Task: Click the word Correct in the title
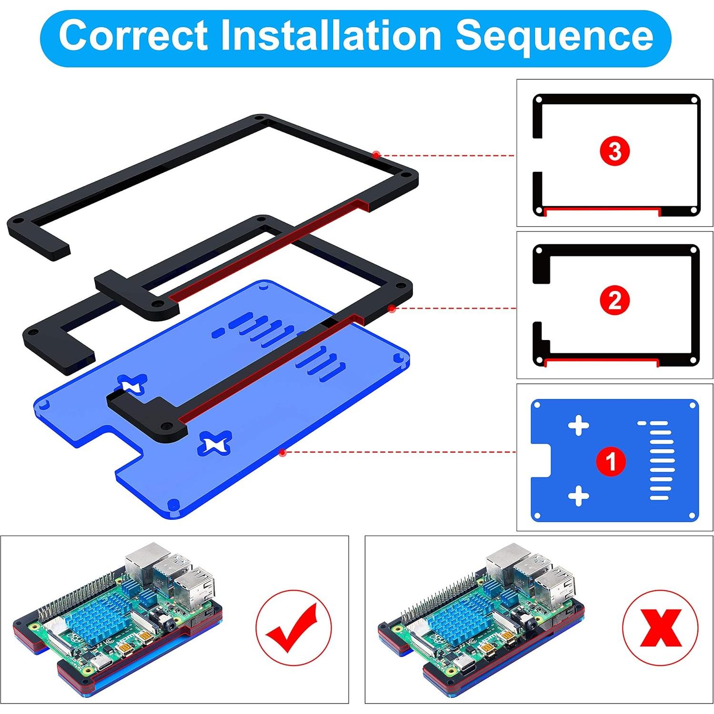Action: [133, 35]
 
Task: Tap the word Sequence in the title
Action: [554, 35]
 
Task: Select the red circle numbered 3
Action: [614, 151]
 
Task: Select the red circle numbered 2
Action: [614, 301]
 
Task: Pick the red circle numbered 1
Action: [611, 461]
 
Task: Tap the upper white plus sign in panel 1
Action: [579, 425]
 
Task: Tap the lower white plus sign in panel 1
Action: [579, 496]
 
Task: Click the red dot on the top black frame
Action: [376, 154]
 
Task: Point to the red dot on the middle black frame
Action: [392, 309]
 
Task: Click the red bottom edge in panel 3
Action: [602, 209]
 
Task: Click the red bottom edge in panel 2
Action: [601, 361]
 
